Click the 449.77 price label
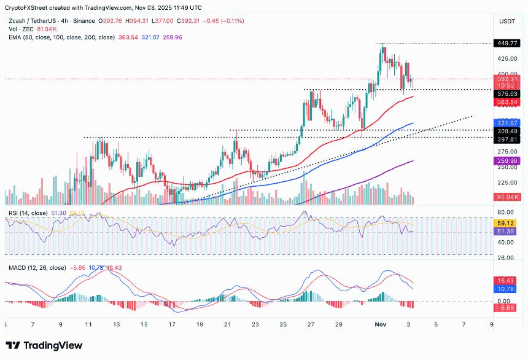(x=507, y=44)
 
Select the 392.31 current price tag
(x=507, y=79)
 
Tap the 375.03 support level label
(x=507, y=93)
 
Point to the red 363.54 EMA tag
(x=507, y=101)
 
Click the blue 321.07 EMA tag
(x=507, y=123)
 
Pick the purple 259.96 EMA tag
(x=507, y=161)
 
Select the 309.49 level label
(x=507, y=131)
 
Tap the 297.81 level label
(x=507, y=139)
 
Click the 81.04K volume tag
(x=507, y=197)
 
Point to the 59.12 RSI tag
(x=507, y=224)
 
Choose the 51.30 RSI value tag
(x=507, y=232)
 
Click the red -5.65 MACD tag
(x=507, y=308)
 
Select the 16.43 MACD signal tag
(x=507, y=280)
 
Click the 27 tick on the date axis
(x=311, y=324)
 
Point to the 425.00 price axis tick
(x=507, y=59)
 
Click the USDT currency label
(x=507, y=21)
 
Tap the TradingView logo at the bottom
(x=44, y=345)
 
